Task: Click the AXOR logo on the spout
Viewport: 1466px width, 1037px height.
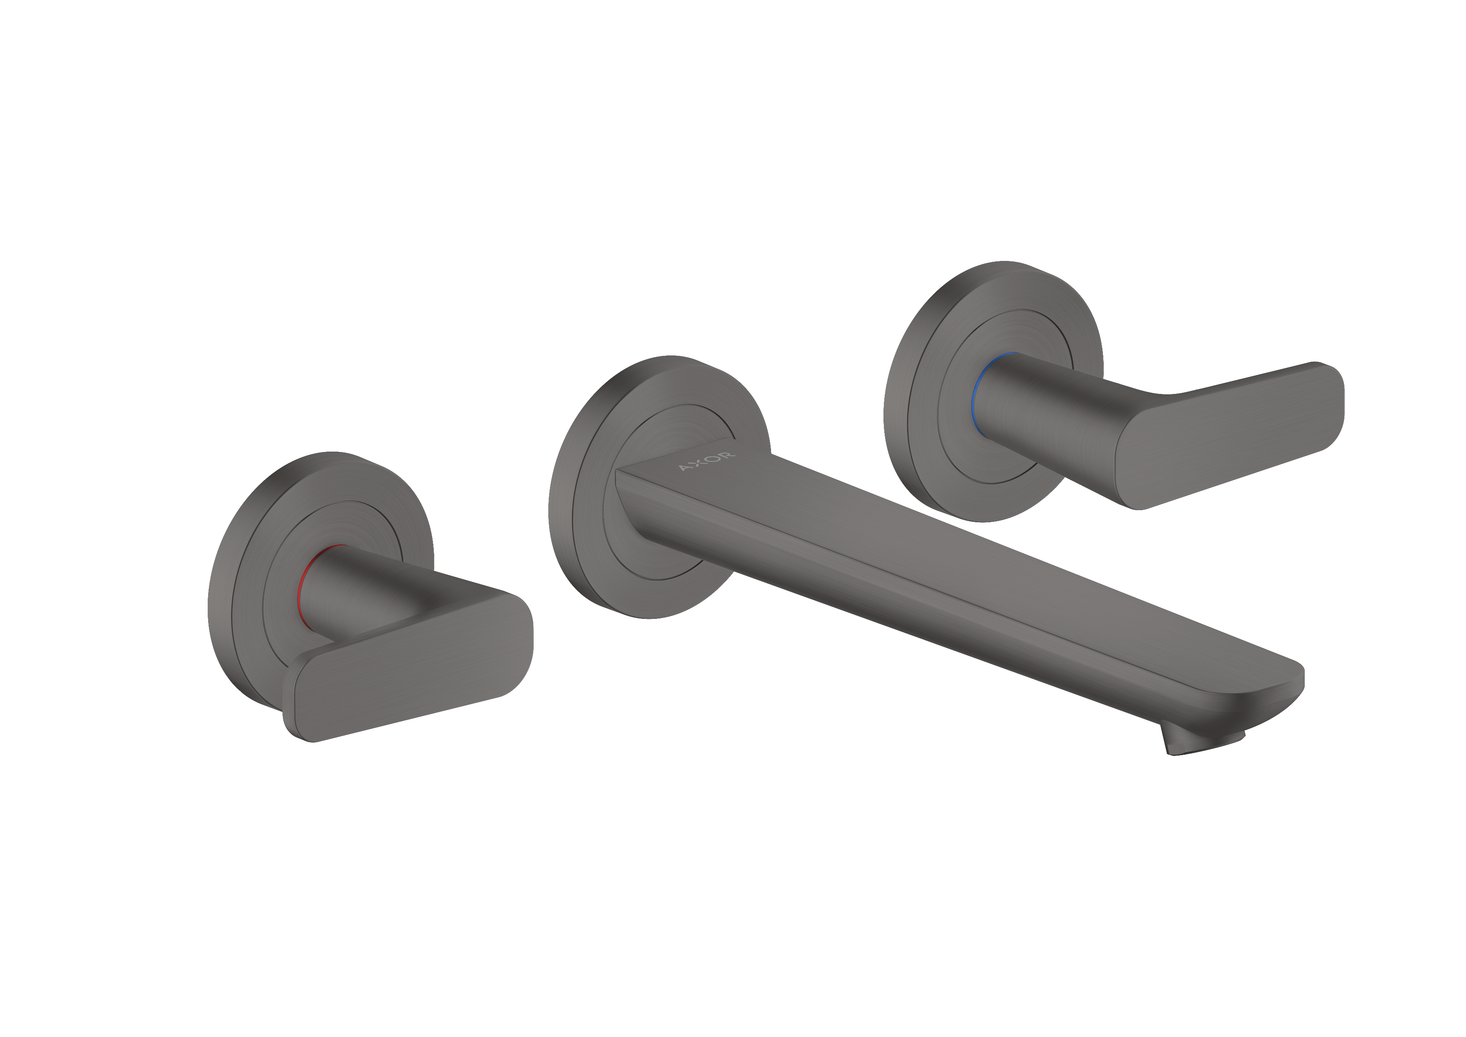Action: [x=707, y=462]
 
